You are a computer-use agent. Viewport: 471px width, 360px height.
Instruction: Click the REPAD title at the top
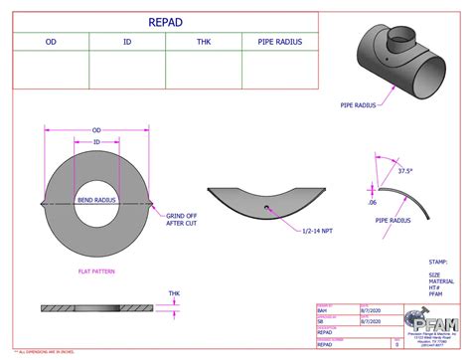tap(164, 21)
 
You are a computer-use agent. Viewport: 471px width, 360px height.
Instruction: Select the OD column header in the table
tap(51, 42)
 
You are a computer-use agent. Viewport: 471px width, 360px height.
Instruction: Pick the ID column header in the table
tap(126, 42)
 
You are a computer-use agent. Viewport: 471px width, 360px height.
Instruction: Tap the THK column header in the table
tap(203, 42)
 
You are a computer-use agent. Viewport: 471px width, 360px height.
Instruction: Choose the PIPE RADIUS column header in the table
tap(279, 42)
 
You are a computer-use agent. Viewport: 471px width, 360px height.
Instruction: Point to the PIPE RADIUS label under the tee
tap(360, 103)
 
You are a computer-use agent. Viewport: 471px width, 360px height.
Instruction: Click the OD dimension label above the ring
tap(97, 130)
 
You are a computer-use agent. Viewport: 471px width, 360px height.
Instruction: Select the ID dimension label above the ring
tap(97, 142)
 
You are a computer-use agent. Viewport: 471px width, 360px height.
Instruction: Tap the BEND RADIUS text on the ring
tap(97, 201)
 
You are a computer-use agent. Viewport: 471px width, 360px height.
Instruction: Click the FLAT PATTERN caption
tap(97, 270)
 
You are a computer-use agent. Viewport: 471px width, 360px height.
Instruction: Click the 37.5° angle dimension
tap(403, 170)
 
